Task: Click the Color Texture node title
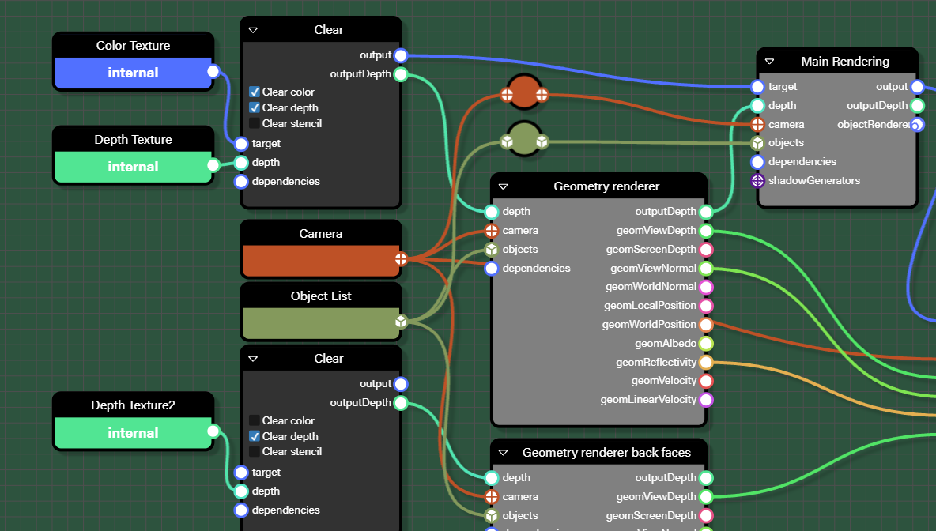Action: coord(133,46)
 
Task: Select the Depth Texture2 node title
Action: coord(133,405)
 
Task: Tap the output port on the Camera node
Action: coord(401,258)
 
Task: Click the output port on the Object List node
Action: coord(401,322)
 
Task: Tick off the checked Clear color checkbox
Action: coord(255,92)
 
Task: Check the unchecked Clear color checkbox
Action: coord(255,420)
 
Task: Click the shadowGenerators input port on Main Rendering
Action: coord(757,181)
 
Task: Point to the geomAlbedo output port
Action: coord(706,344)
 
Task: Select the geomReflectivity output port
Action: coord(706,363)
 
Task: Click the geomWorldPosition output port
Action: coord(706,325)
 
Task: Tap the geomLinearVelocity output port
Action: coord(706,400)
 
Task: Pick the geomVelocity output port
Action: coord(706,381)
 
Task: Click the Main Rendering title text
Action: coord(844,62)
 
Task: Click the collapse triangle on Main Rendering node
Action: coord(769,62)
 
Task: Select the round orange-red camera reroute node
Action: coord(524,95)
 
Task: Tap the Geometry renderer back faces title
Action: coord(606,453)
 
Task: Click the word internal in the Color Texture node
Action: coord(133,73)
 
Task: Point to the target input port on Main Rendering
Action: coord(757,87)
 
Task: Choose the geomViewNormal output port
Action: coord(706,269)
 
